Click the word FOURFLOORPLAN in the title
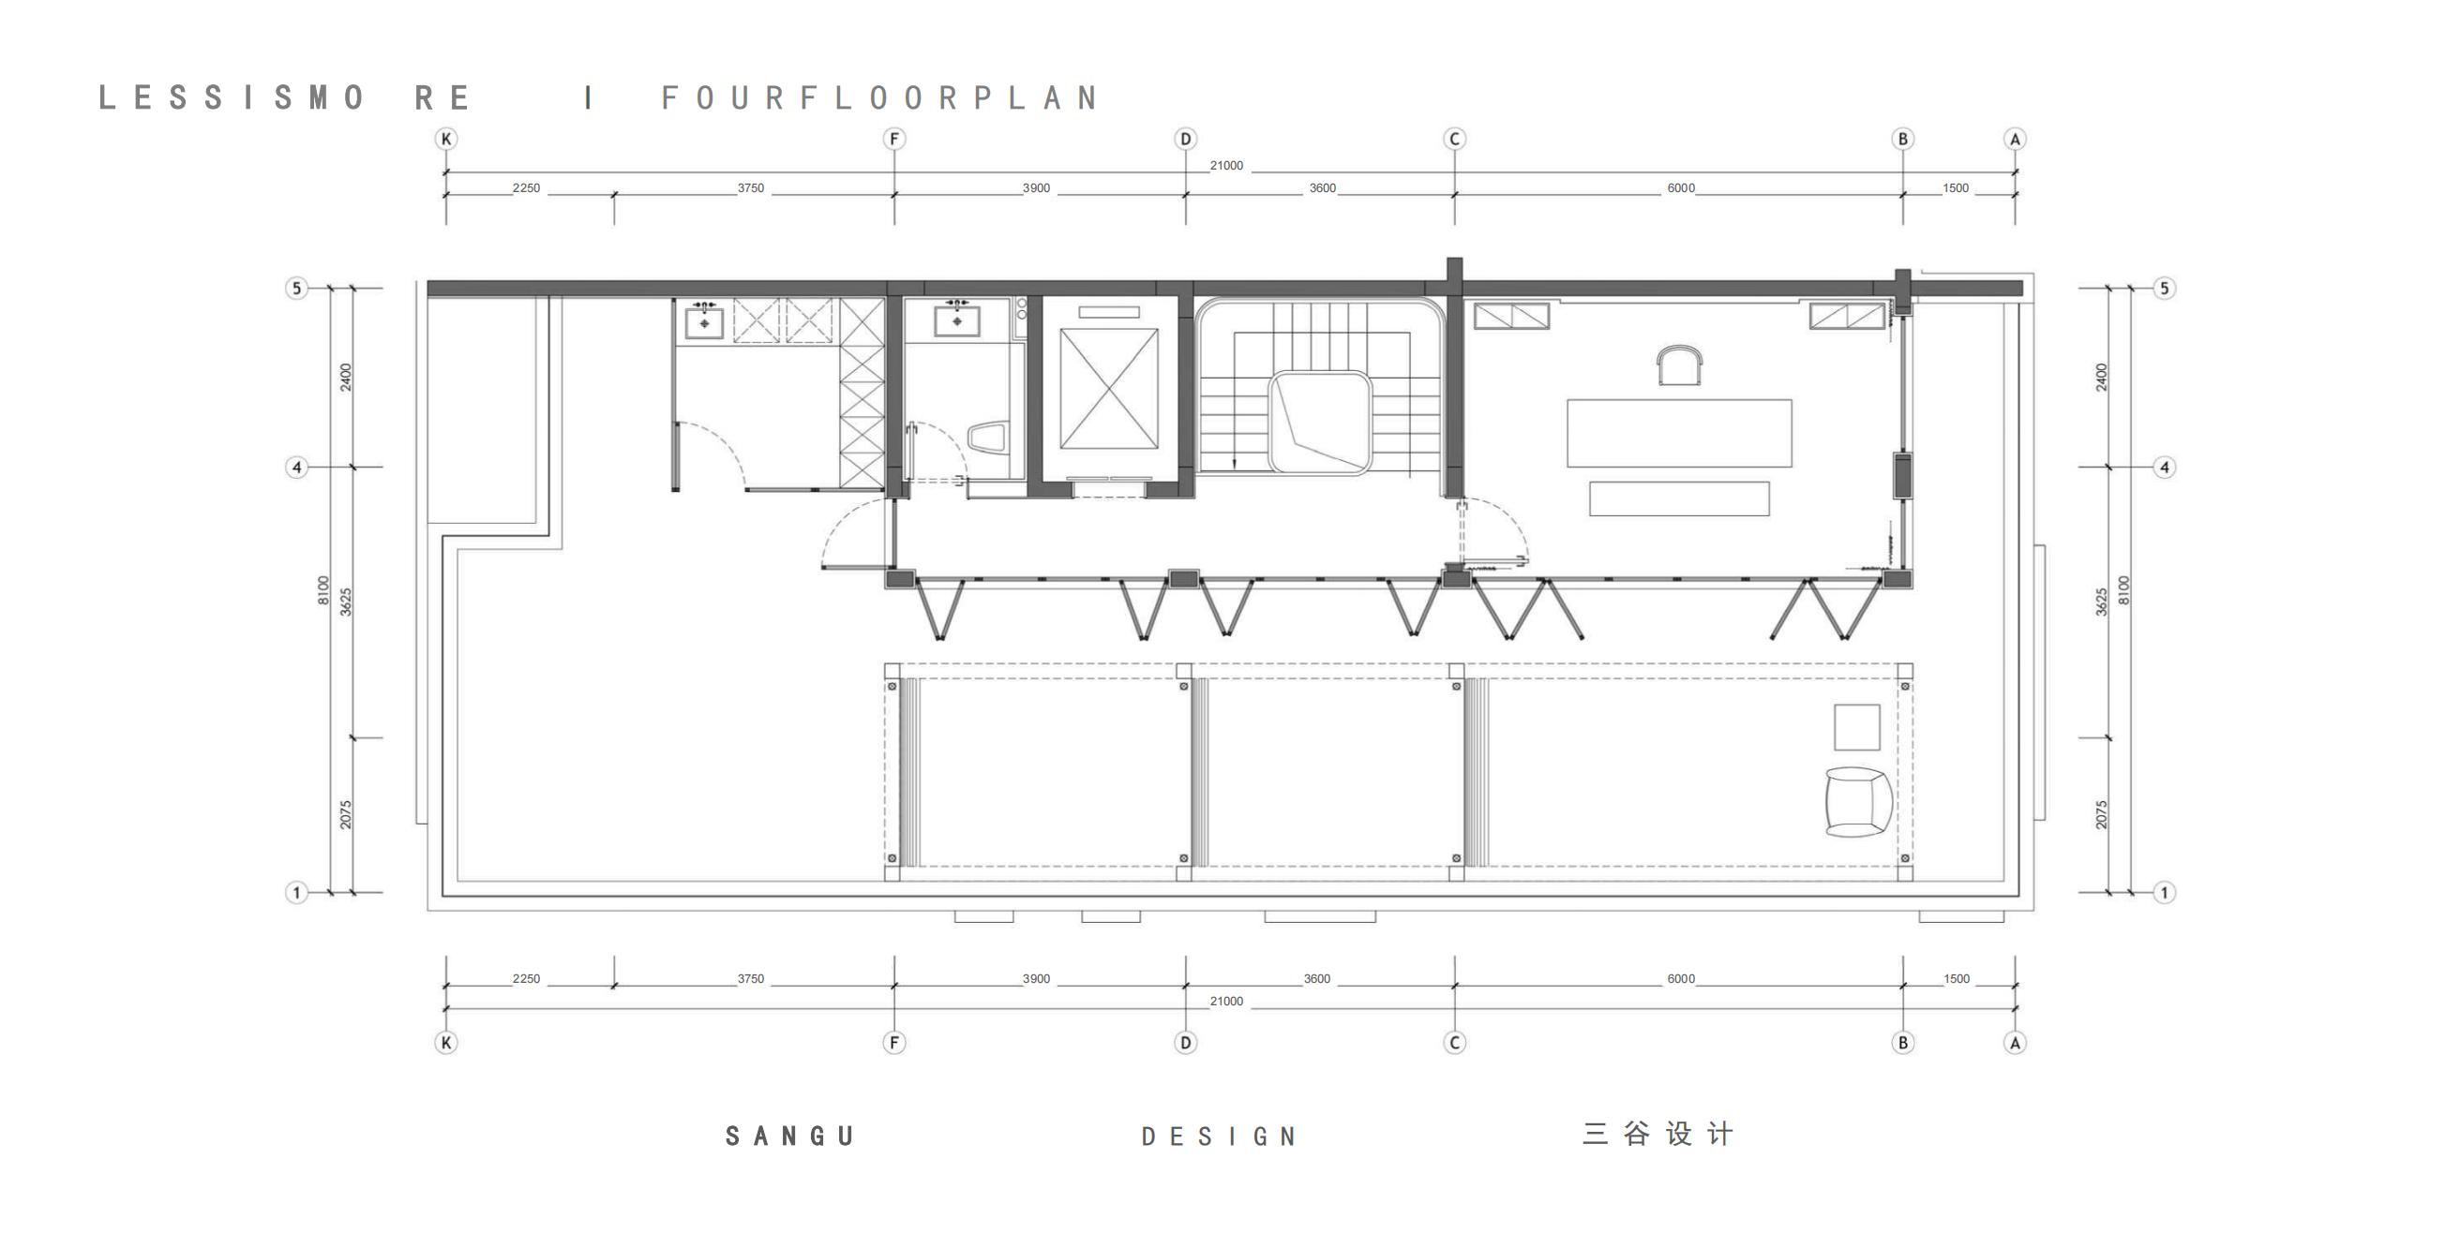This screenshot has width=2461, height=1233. (881, 97)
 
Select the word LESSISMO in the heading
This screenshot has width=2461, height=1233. (232, 97)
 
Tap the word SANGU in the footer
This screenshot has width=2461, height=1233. (790, 1136)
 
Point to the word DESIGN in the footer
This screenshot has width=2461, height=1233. (1219, 1136)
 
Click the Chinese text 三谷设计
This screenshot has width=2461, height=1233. (1658, 1134)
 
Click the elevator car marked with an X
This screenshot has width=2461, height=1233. (1108, 389)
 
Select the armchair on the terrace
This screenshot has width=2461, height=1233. (1858, 802)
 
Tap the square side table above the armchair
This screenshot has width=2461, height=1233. (1856, 727)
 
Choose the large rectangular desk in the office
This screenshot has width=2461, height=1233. (1678, 434)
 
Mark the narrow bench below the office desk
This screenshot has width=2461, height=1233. (1678, 498)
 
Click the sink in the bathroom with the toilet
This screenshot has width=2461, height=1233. (956, 319)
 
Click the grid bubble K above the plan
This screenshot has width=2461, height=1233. (446, 139)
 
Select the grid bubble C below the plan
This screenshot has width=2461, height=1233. (1455, 1042)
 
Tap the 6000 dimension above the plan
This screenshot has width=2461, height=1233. (1680, 188)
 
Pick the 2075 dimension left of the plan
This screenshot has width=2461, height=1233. (346, 815)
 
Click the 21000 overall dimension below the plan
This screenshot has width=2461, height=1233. (1226, 1001)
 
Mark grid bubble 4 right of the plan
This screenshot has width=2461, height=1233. (2165, 467)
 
